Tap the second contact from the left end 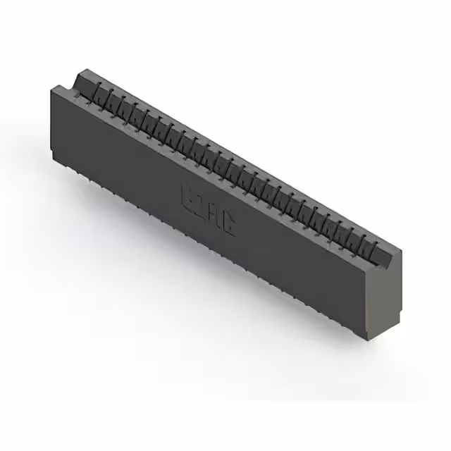(x=110, y=96)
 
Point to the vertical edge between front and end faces (x=372, y=296)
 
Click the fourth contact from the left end (x=133, y=109)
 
